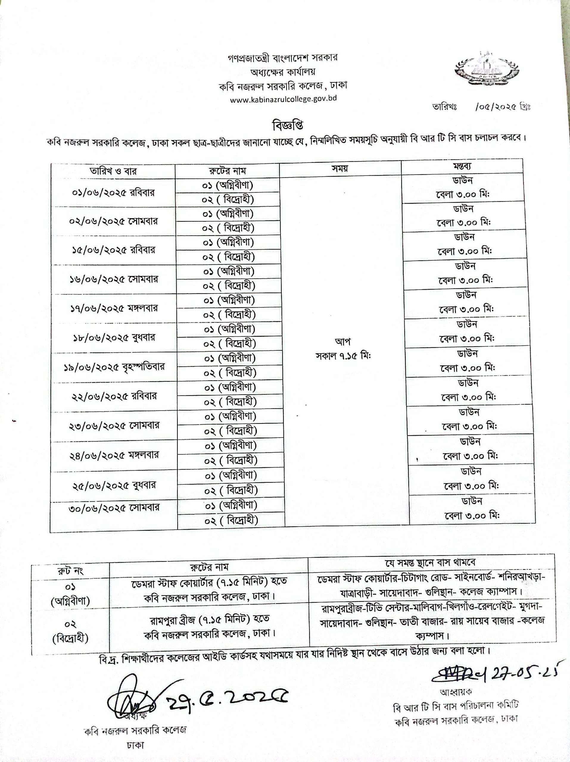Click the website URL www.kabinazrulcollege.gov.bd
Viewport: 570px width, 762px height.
click(283, 99)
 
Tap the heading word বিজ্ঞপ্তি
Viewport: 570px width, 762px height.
click(288, 125)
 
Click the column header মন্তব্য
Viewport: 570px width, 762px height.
click(462, 166)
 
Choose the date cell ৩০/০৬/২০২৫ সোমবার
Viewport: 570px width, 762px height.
click(114, 508)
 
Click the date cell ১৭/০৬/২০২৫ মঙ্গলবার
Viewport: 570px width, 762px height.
click(114, 308)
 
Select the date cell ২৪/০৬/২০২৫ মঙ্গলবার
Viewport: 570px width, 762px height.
click(114, 455)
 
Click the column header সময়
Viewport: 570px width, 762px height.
click(340, 168)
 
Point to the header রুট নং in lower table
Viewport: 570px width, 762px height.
click(70, 571)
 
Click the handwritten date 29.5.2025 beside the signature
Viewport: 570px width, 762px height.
click(228, 698)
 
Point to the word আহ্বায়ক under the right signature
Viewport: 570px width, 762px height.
click(456, 691)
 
